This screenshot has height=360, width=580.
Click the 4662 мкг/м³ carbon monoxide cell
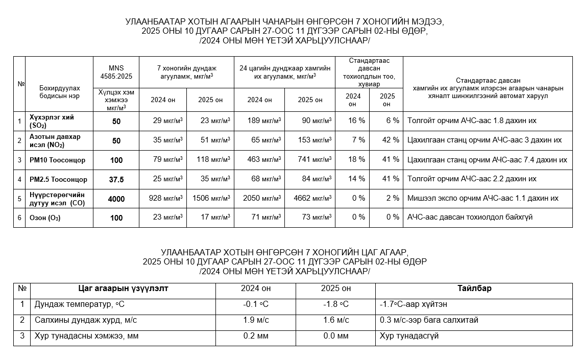(312, 198)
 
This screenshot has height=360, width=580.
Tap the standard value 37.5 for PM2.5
(116, 179)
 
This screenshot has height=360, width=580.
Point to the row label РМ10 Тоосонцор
(57, 160)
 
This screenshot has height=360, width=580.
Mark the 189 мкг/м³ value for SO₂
(264, 121)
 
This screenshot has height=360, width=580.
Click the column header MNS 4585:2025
(116, 72)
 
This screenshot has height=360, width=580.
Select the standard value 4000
(116, 199)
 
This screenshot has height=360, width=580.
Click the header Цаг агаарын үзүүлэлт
(123, 289)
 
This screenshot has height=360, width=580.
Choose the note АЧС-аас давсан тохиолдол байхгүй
(470, 218)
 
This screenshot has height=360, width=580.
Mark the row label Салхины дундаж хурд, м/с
(86, 320)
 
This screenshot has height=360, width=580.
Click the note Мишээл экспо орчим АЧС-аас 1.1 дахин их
(482, 198)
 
